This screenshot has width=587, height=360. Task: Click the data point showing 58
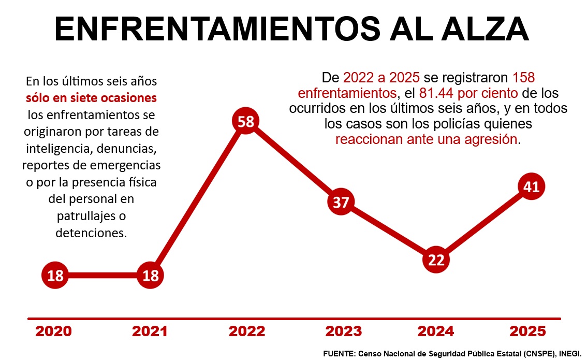pos(245,121)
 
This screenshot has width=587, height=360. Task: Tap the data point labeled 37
pos(341,201)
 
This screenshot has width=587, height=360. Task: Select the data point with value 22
pos(436,259)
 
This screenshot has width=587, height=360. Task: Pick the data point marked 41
pos(531,186)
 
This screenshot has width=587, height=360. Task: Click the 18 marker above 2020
pos(55,276)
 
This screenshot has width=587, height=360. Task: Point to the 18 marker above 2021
pos(150,276)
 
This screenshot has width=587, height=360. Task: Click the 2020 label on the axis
pos(53,331)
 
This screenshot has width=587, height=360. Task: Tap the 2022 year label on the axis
pos(247,331)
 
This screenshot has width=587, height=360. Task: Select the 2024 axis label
pos(435,331)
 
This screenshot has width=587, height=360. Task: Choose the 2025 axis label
pos(527,331)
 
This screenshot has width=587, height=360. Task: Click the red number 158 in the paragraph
pos(523,78)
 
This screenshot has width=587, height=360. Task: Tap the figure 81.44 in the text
pos(436,93)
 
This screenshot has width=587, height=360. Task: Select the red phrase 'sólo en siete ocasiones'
pos(91,98)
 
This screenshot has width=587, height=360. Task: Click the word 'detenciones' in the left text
pos(91,233)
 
